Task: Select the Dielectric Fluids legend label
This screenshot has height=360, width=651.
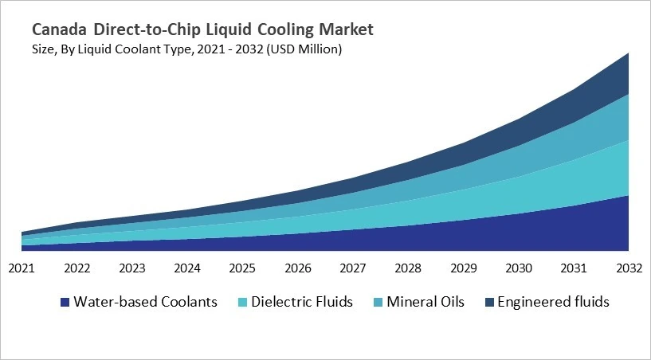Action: point(302,302)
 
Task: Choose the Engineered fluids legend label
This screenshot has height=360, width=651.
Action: point(552,302)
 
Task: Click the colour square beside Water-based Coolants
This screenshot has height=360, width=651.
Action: point(64,303)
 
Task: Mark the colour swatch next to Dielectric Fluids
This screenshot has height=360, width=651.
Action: point(242,303)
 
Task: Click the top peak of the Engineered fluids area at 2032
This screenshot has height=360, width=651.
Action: point(628,54)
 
